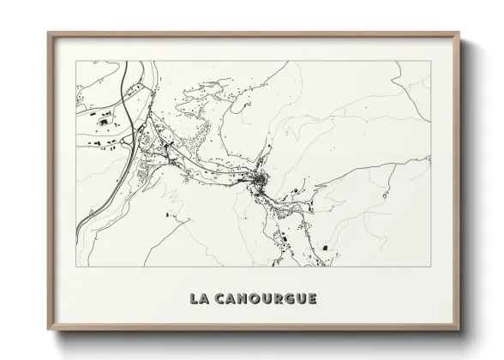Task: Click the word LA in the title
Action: [199, 298]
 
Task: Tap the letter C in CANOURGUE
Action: [220, 298]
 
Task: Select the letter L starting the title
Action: [194, 298]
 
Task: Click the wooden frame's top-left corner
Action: [48, 33]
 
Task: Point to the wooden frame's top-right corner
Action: [460, 33]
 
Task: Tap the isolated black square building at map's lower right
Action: [326, 249]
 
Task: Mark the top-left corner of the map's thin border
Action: [75, 62]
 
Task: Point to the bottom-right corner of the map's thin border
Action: [431, 267]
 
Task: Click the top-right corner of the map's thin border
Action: [431, 62]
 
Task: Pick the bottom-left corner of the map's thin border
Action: [75, 267]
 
